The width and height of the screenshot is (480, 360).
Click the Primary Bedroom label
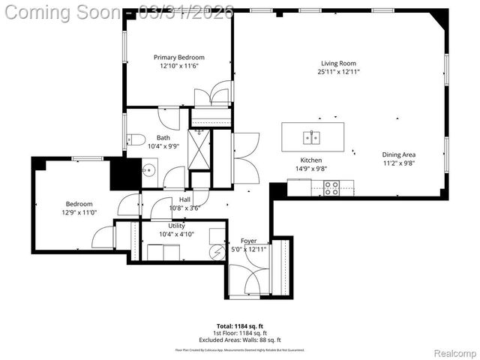[x=178, y=57]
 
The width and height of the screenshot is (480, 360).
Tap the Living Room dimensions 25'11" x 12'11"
[x=338, y=72]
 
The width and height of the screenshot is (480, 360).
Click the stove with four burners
[x=331, y=188]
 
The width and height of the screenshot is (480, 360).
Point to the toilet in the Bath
[x=136, y=139]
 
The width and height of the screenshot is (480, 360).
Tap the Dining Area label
[x=398, y=154]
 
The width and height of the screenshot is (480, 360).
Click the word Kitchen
[x=311, y=160]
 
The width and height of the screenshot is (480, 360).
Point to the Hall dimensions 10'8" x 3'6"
[x=184, y=208]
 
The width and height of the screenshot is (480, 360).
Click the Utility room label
[x=176, y=225]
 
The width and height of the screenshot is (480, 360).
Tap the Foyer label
[x=248, y=241]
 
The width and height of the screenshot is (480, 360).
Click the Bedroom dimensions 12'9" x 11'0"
[x=79, y=213]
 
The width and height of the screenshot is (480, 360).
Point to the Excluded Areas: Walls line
[x=239, y=339]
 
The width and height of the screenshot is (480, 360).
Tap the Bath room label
[x=163, y=138]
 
